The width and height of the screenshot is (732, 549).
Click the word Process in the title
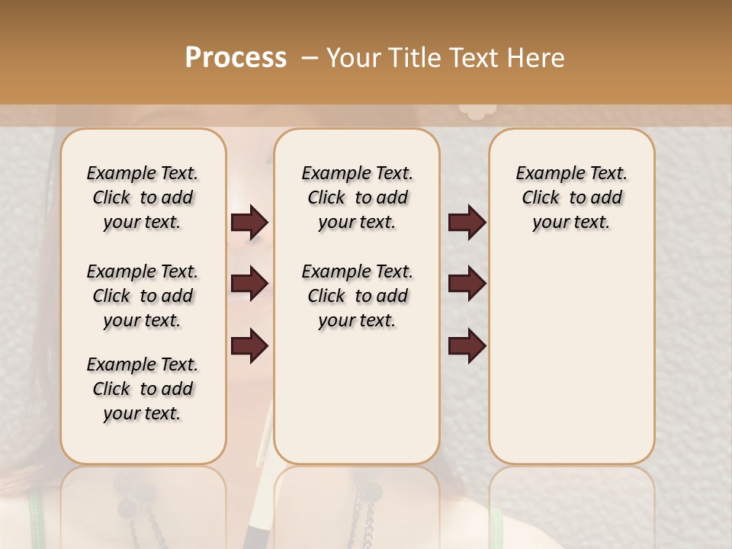coord(236,58)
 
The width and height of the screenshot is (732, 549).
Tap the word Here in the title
coord(538,58)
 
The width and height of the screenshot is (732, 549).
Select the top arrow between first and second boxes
coord(249,223)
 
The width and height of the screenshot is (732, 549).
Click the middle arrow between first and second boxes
coord(249,284)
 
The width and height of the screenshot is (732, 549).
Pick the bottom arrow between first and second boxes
coord(249,346)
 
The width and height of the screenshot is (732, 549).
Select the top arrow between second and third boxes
coord(467,223)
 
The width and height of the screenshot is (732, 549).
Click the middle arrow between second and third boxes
coord(467,284)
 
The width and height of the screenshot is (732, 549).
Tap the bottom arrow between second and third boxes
coord(467,346)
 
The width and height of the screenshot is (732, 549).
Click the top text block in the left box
coord(143,197)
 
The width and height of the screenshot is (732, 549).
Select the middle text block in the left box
coord(143,296)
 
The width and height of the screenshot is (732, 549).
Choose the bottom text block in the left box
coord(143,389)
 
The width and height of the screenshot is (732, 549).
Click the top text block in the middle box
coord(357,197)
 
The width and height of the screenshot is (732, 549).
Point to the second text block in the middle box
coord(357,296)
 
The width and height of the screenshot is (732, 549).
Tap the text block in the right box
coord(571,197)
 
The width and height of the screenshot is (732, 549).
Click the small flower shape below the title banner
coord(477,111)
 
